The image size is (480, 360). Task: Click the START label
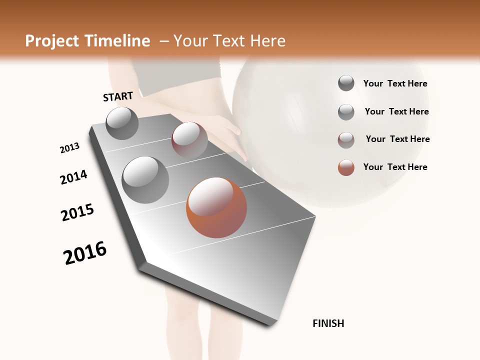pyautogui.click(x=118, y=96)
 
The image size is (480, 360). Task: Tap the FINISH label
pyautogui.click(x=328, y=323)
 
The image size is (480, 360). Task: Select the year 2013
pyautogui.click(x=69, y=148)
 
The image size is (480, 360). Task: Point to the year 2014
pyautogui.click(x=73, y=177)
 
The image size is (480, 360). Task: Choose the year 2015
pyautogui.click(x=77, y=212)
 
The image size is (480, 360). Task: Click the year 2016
pyautogui.click(x=85, y=253)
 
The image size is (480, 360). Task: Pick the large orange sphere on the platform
pyautogui.click(x=216, y=207)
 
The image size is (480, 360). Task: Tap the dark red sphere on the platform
pyautogui.click(x=189, y=140)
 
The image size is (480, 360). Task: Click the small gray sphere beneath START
pyautogui.click(x=122, y=123)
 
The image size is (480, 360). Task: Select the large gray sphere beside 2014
pyautogui.click(x=145, y=179)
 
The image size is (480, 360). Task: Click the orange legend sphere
pyautogui.click(x=346, y=167)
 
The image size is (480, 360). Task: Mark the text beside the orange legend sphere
pyautogui.click(x=395, y=167)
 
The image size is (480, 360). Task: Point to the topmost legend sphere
pyautogui.click(x=346, y=83)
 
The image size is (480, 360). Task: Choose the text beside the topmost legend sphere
pyautogui.click(x=395, y=83)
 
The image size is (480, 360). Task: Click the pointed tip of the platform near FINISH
pyautogui.click(x=270, y=324)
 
